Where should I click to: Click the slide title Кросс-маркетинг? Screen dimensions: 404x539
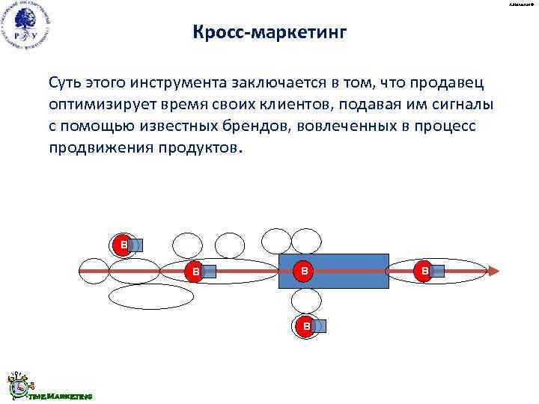[x=269, y=33]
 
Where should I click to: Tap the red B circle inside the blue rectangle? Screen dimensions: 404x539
[x=303, y=270]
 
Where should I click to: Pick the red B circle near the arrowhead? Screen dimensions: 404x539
[x=424, y=271]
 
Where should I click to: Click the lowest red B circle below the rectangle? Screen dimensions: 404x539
[x=305, y=326]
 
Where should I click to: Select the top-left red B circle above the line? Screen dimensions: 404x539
[x=121, y=245]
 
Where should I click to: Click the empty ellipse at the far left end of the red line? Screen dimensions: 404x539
[x=94, y=270]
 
